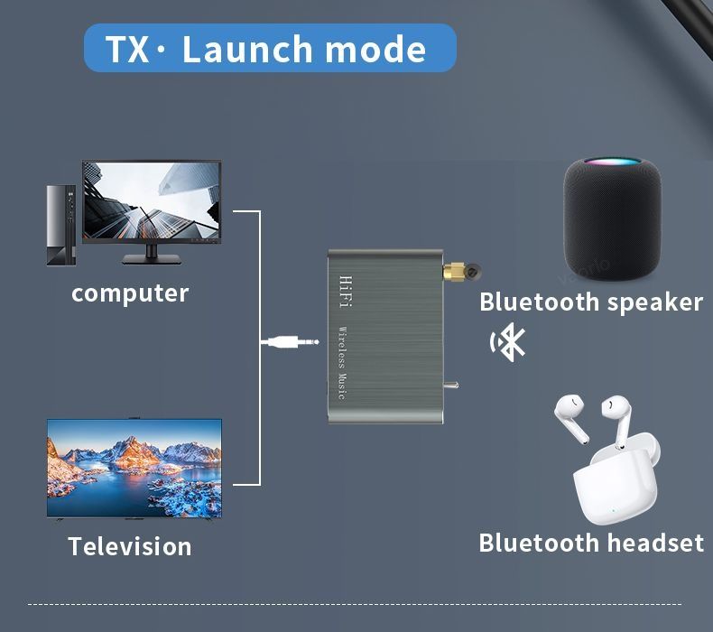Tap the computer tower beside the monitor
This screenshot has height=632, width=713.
tap(61, 225)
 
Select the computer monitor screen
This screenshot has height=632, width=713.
tap(152, 201)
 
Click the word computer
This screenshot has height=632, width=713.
tap(130, 293)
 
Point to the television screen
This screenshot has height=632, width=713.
tap(134, 467)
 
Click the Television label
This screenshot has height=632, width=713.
tap(130, 546)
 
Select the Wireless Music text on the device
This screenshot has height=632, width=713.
tap(342, 362)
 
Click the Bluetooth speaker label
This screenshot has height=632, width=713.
tap(590, 302)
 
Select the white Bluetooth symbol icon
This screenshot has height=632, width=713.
tap(508, 343)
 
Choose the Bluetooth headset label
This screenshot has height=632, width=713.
tap(590, 543)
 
